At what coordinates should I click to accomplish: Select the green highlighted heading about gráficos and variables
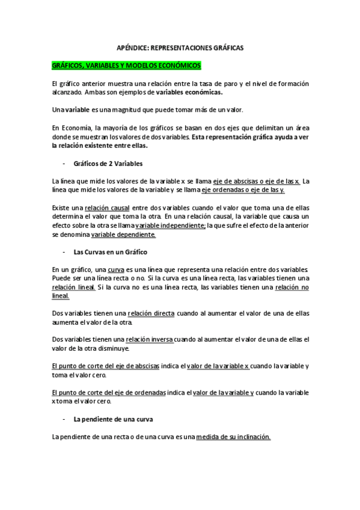127,66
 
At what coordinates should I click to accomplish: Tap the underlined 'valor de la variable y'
221,393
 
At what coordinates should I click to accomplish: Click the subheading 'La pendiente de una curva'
111,419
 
